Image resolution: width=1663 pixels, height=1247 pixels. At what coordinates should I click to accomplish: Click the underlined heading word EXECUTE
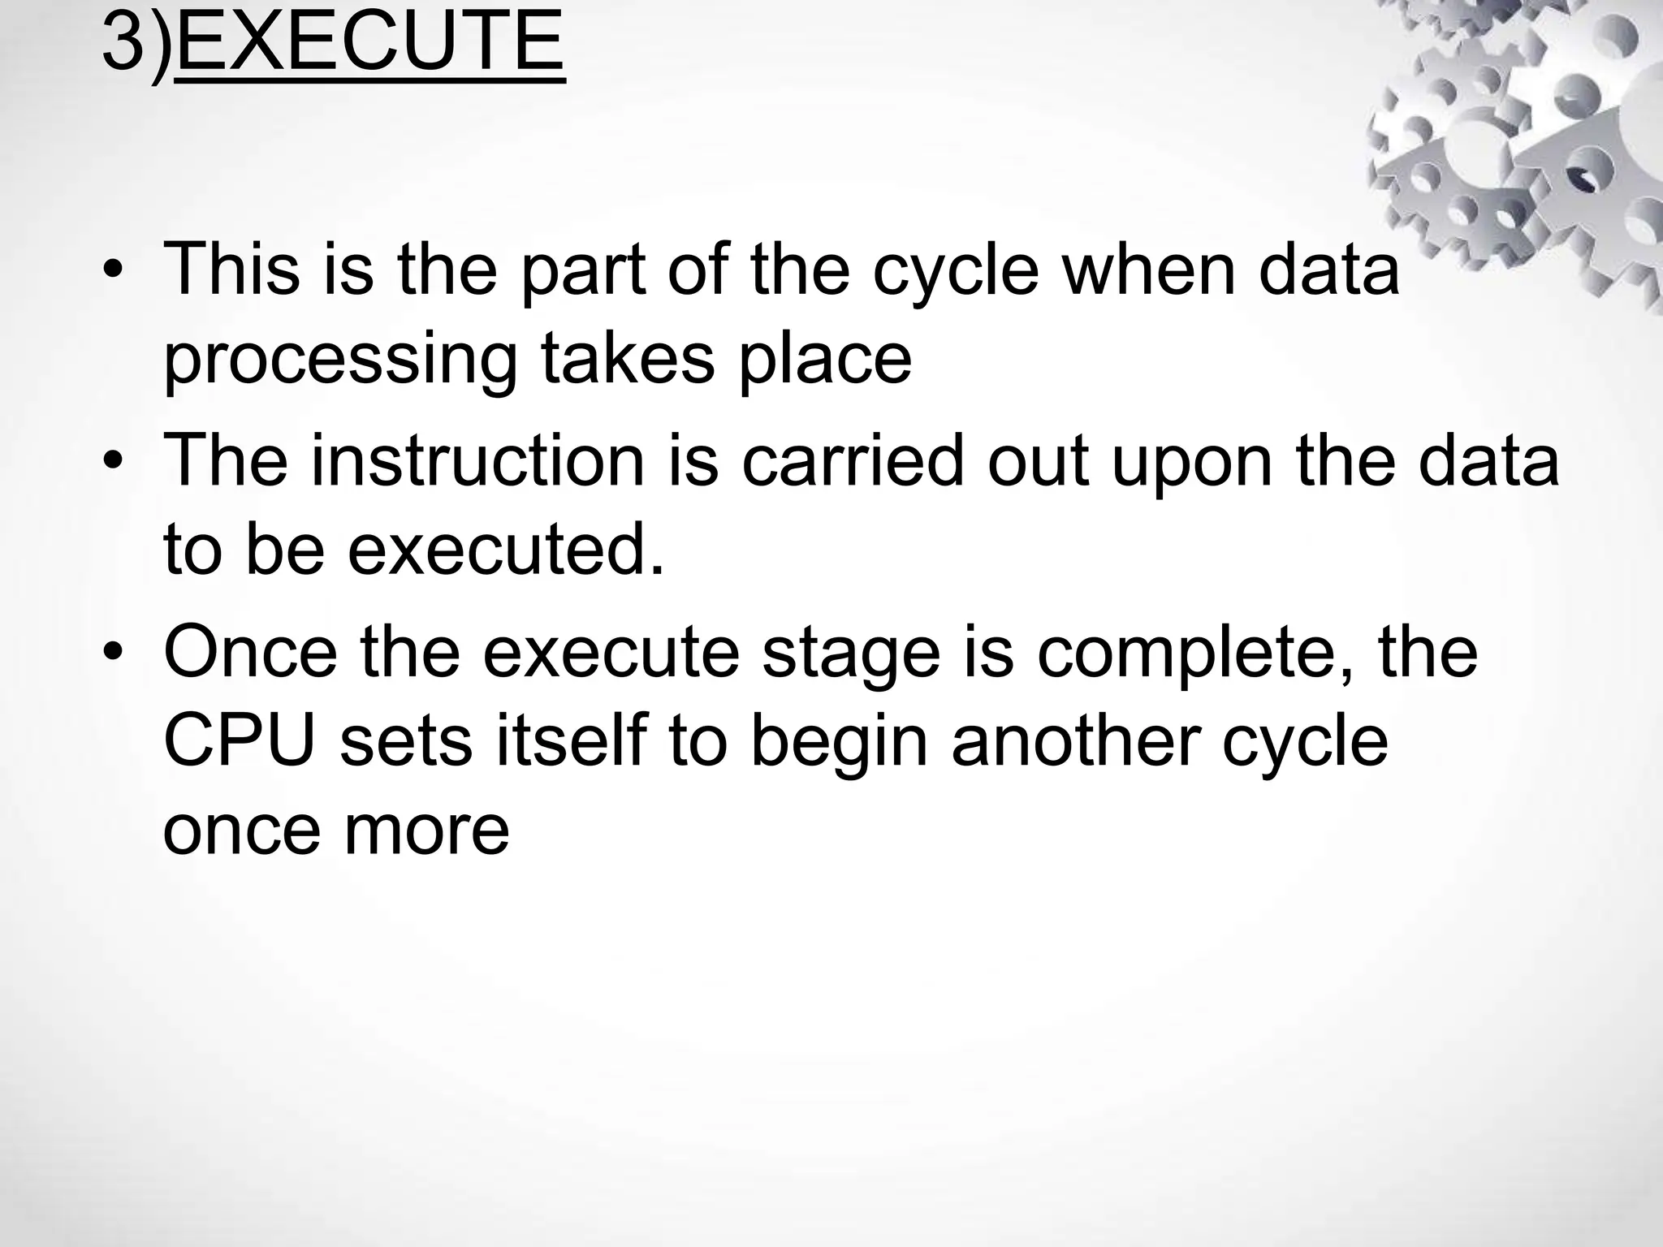369,42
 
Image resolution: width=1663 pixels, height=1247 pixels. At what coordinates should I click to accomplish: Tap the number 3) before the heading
136,42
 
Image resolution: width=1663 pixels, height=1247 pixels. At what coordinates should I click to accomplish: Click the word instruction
477,462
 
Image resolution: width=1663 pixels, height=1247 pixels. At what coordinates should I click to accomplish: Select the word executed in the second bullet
505,550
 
